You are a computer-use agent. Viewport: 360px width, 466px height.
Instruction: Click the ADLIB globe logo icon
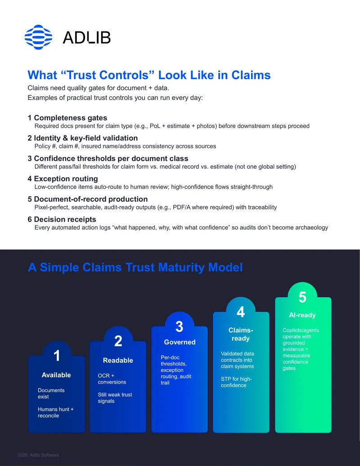pos(38,37)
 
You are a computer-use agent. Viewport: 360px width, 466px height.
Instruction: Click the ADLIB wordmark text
pos(87,38)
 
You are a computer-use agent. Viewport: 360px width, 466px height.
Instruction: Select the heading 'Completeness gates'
pos(70,118)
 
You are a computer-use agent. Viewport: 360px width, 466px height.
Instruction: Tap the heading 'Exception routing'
pos(66,179)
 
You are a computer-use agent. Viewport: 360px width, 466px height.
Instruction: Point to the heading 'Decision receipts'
pos(65,219)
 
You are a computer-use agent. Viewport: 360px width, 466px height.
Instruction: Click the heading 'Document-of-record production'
pos(91,199)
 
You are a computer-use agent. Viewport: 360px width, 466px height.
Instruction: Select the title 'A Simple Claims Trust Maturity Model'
pos(135,267)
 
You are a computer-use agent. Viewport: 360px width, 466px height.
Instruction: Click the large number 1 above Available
pos(57,355)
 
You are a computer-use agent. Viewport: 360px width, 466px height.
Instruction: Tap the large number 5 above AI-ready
pos(302,297)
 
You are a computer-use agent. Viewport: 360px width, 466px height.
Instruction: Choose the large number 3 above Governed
pos(180,326)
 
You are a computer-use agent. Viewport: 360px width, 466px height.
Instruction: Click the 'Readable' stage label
pos(118,360)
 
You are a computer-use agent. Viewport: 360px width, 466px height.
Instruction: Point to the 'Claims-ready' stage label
pos(241,335)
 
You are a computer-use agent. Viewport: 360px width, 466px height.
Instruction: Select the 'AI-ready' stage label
pos(302,315)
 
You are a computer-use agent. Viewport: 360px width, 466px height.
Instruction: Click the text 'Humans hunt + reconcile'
pos(55,412)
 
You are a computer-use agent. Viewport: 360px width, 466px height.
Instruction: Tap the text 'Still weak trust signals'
pos(115,398)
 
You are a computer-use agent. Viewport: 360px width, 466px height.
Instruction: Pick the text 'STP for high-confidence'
pos(236,382)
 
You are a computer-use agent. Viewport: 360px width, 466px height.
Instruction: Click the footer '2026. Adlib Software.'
pos(39,455)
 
